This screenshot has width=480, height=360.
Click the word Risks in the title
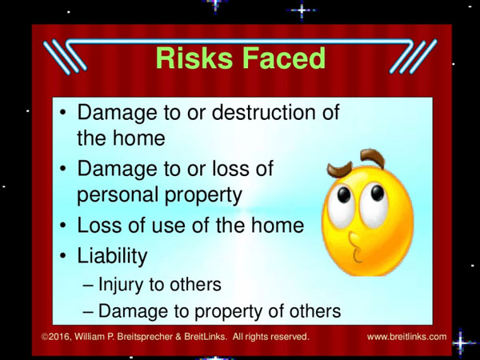pyautogui.click(x=194, y=58)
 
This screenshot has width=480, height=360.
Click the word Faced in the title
pyautogui.click(x=284, y=58)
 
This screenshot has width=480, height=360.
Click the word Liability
pyautogui.click(x=112, y=256)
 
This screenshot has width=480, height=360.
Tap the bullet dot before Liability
pyautogui.click(x=63, y=256)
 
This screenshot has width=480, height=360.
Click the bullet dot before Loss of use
pyautogui.click(x=63, y=226)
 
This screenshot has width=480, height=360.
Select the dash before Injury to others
pyautogui.click(x=88, y=286)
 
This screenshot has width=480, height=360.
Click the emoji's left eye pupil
pyautogui.click(x=344, y=194)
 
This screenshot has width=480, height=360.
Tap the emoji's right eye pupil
pyautogui.click(x=377, y=193)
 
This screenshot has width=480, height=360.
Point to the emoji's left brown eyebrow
pyautogui.click(x=339, y=170)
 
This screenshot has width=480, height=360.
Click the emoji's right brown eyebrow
pyautogui.click(x=373, y=158)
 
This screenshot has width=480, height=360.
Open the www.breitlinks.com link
pyautogui.click(x=407, y=337)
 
